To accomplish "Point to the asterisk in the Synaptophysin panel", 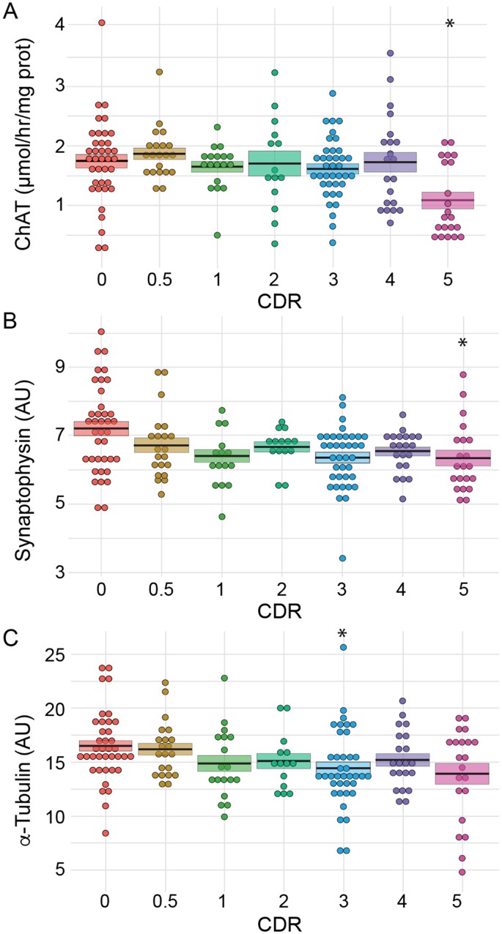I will coord(462,343).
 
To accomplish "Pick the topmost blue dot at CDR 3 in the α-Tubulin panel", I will coord(342,647).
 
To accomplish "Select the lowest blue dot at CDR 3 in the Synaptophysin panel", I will coord(342,558).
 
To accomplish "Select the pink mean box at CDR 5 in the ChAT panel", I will coord(462,200).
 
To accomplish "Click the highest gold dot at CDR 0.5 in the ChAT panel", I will coord(159,72).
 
